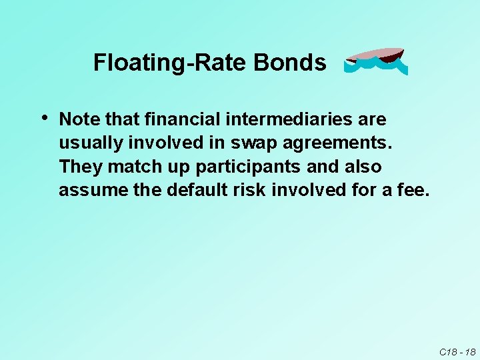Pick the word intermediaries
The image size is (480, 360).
285,120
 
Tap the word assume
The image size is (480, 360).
87,191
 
